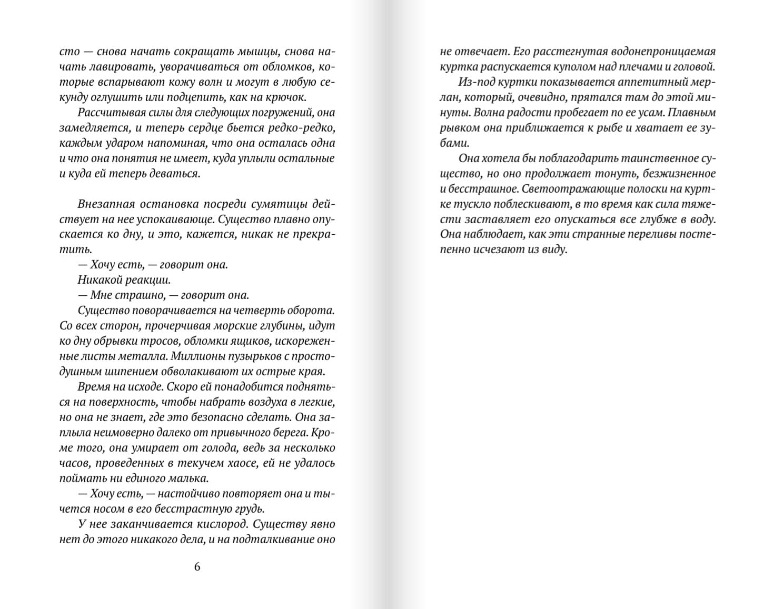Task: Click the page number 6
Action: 197,567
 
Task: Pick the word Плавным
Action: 695,113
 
